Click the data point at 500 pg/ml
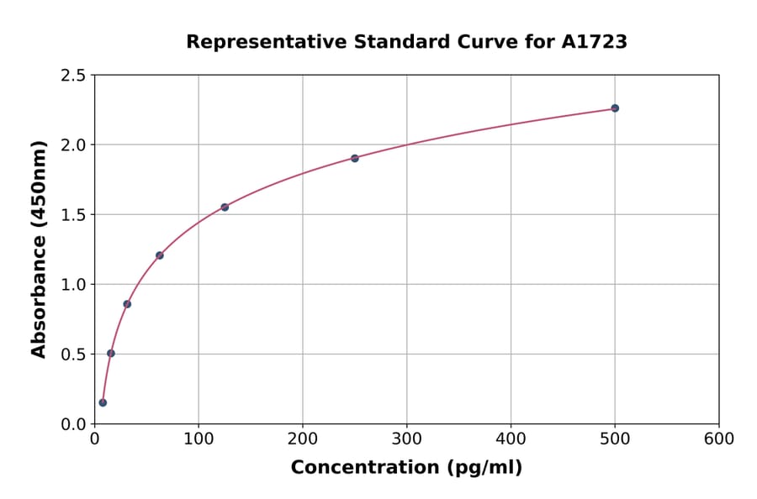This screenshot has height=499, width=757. [615, 108]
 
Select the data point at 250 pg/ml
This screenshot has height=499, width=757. [355, 158]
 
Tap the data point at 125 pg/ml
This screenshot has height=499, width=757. [225, 207]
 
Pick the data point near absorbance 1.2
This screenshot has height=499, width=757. [160, 255]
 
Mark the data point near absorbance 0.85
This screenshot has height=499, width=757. [127, 304]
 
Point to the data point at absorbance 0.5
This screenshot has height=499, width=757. [111, 353]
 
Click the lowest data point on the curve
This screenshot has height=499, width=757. [103, 402]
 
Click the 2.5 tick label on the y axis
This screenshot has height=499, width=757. [72, 76]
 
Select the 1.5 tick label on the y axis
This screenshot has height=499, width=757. [72, 215]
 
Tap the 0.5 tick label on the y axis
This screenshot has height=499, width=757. [72, 355]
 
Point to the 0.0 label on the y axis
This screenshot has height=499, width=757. [72, 424]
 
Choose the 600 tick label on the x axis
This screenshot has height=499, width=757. [719, 439]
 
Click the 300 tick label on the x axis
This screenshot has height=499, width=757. [407, 439]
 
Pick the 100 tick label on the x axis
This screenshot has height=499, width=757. [199, 439]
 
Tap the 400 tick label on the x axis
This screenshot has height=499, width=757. [511, 439]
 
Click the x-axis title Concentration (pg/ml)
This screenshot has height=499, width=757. [406, 468]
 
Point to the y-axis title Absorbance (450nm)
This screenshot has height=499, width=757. [39, 249]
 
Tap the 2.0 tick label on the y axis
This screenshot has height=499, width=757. [72, 145]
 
